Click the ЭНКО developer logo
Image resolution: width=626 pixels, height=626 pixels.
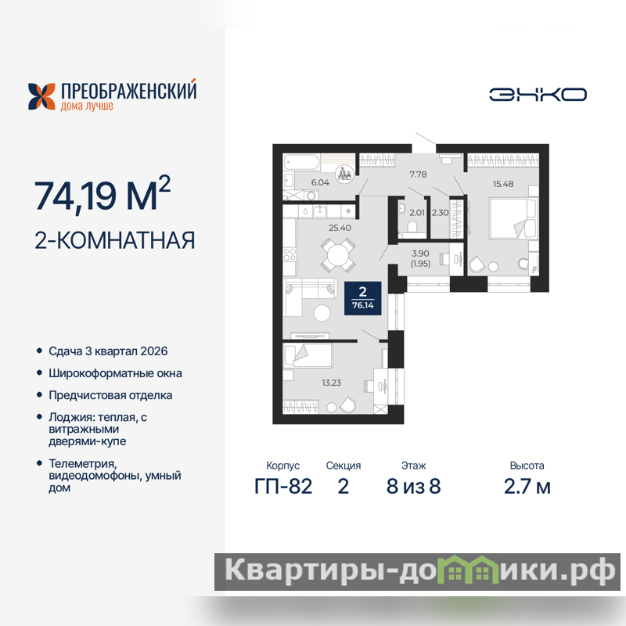[538, 95]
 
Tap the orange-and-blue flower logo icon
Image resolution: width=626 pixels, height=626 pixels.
[41, 96]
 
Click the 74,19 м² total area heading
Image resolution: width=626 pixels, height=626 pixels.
[103, 193]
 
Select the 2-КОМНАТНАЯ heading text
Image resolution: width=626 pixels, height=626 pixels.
[115, 240]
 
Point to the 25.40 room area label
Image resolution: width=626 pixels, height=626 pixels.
[340, 228]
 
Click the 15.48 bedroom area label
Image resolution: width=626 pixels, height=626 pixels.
[503, 184]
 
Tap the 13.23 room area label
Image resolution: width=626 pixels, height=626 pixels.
[331, 383]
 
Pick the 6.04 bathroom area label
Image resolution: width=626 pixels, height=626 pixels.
[320, 182]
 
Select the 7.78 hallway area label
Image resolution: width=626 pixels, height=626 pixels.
[418, 174]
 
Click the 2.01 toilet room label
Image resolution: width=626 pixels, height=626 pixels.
[417, 212]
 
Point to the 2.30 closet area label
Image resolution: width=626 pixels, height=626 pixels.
[440, 212]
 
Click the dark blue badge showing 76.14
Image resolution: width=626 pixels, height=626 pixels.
[363, 298]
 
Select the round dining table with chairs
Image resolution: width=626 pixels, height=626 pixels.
[338, 255]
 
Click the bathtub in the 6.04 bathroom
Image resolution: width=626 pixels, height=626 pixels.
[301, 163]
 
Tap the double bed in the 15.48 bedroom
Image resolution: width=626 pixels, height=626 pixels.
[513, 218]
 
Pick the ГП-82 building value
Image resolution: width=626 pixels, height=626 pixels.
[283, 486]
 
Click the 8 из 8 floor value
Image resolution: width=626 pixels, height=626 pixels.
[414, 486]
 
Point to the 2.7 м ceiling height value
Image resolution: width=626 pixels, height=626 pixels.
[527, 486]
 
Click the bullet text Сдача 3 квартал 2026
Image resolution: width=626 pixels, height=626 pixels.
[108, 351]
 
